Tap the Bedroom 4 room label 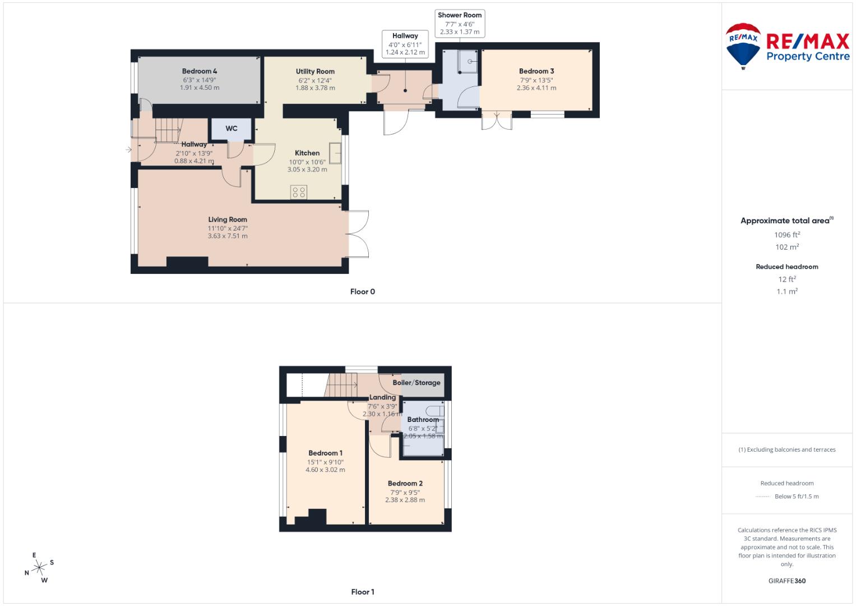[x=200, y=71]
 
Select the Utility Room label [x=315, y=71]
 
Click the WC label [x=232, y=128]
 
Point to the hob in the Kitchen [x=299, y=192]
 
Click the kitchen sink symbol [x=336, y=151]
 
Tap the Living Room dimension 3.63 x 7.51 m [x=228, y=236]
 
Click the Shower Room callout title [x=460, y=15]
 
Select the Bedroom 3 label [x=536, y=71]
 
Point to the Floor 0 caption [x=363, y=292]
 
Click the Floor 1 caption [x=363, y=592]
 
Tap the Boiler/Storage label [x=417, y=383]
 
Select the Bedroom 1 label [x=325, y=453]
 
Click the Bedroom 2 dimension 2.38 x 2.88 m [x=405, y=500]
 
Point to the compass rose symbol [x=39, y=568]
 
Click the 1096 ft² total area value [x=787, y=235]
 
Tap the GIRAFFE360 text [x=786, y=581]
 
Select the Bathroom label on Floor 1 [x=423, y=420]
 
